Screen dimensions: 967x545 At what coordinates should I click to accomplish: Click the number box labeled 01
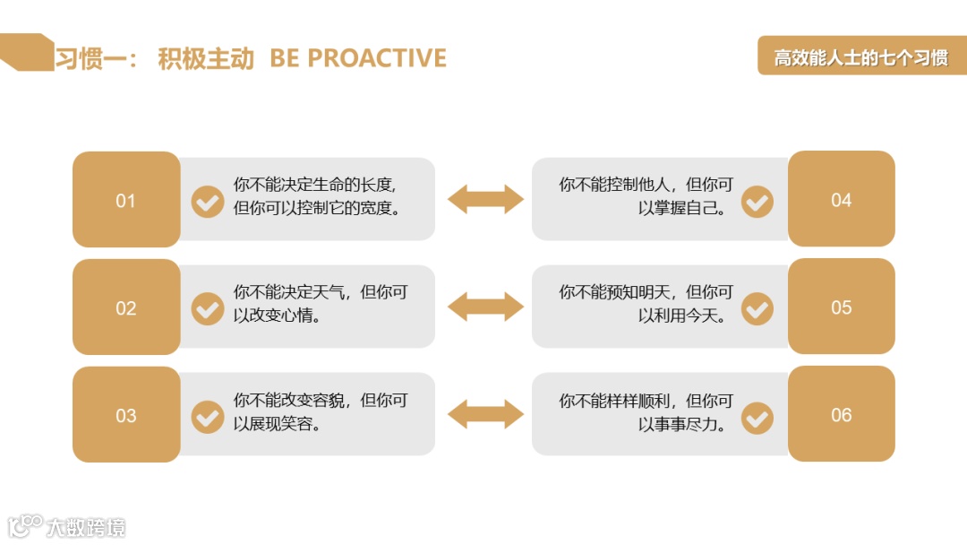click(x=126, y=200)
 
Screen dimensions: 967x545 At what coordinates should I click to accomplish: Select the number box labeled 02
click(x=126, y=307)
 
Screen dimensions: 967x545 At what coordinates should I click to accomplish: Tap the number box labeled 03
click(x=126, y=415)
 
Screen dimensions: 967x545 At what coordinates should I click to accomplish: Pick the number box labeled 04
click(x=841, y=199)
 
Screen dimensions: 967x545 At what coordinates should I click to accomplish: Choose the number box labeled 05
click(x=841, y=307)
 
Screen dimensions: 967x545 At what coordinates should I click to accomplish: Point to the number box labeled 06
click(x=841, y=414)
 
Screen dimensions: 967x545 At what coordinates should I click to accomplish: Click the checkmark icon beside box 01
click(x=208, y=202)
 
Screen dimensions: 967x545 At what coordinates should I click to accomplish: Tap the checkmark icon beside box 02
click(x=208, y=309)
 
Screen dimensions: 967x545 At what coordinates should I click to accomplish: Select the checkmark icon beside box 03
click(x=208, y=417)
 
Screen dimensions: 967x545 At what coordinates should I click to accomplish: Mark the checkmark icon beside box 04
click(x=757, y=202)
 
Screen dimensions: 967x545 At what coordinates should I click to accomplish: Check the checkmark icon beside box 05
click(x=757, y=309)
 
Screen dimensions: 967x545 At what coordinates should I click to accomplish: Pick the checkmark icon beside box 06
click(x=757, y=417)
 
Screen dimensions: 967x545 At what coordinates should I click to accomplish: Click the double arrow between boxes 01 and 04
click(x=485, y=199)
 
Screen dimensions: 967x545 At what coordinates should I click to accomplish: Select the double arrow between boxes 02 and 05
click(x=485, y=307)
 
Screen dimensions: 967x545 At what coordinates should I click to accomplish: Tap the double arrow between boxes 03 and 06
click(x=485, y=414)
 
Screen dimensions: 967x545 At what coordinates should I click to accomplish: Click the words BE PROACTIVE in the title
click(x=358, y=58)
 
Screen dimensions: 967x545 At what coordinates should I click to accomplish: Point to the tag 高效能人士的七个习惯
click(x=860, y=58)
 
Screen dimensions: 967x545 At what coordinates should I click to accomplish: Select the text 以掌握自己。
click(x=682, y=208)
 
